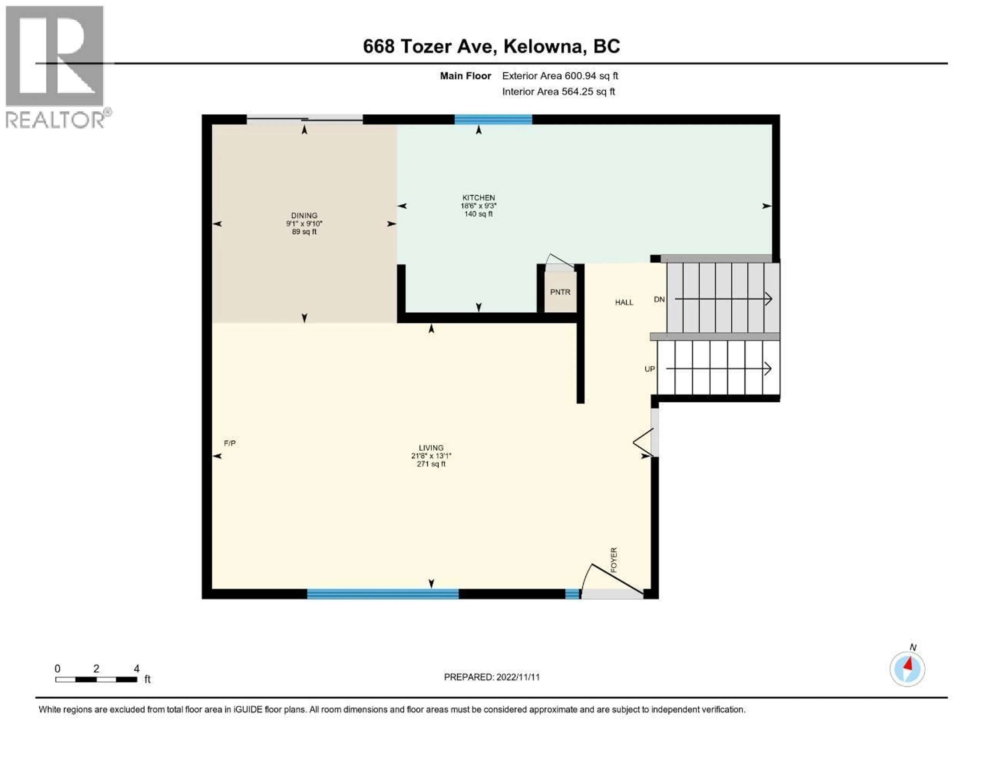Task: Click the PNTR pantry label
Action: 560,292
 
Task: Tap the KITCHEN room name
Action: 478,197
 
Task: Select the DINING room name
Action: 304,215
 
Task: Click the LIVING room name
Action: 431,448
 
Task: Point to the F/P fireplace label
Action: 230,443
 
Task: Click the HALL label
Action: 624,302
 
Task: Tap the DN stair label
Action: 659,299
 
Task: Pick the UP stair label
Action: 649,369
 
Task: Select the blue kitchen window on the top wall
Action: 493,119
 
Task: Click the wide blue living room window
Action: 383,594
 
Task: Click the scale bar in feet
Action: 96,679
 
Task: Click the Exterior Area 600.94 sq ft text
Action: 560,75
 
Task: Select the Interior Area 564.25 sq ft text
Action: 558,92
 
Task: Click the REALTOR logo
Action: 55,68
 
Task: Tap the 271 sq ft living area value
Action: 431,464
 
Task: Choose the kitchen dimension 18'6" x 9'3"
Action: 478,206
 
